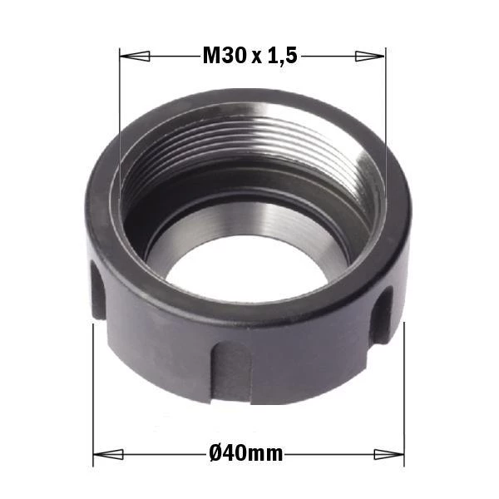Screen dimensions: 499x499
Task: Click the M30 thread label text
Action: (225, 56)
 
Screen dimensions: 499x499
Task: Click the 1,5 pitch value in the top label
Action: (283, 57)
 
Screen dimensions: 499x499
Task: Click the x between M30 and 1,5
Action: (257, 58)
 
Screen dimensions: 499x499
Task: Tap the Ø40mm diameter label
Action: (246, 453)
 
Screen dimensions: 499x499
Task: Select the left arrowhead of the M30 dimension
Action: (134, 57)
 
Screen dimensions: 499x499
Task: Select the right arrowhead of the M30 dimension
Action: (370, 56)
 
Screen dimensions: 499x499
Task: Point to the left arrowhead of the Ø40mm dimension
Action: (108, 454)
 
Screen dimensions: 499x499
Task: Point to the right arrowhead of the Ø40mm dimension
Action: (389, 454)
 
